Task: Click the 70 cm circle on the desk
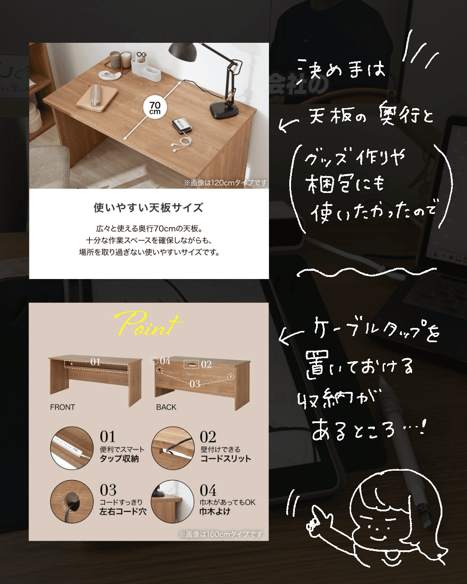(x=155, y=108)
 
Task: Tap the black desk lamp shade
(x=181, y=53)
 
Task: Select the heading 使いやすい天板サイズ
(x=148, y=208)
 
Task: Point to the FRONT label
(x=62, y=407)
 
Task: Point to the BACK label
(x=166, y=407)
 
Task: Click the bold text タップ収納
(x=119, y=459)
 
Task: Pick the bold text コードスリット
(x=226, y=459)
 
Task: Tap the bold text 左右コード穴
(x=123, y=512)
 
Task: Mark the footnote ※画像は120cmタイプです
(x=225, y=183)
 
